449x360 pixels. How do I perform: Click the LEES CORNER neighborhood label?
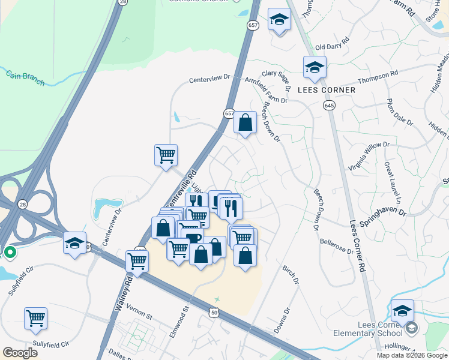tap(327, 90)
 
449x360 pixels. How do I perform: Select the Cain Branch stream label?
tap(25, 78)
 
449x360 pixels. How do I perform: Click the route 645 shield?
tap(332, 105)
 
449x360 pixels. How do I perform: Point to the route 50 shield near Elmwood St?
tap(214, 312)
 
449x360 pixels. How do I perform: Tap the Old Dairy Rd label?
tap(332, 47)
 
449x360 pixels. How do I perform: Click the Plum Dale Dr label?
tap(400, 112)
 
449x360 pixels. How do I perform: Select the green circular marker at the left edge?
tap(10, 253)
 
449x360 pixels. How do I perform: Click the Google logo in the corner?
tap(20, 352)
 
